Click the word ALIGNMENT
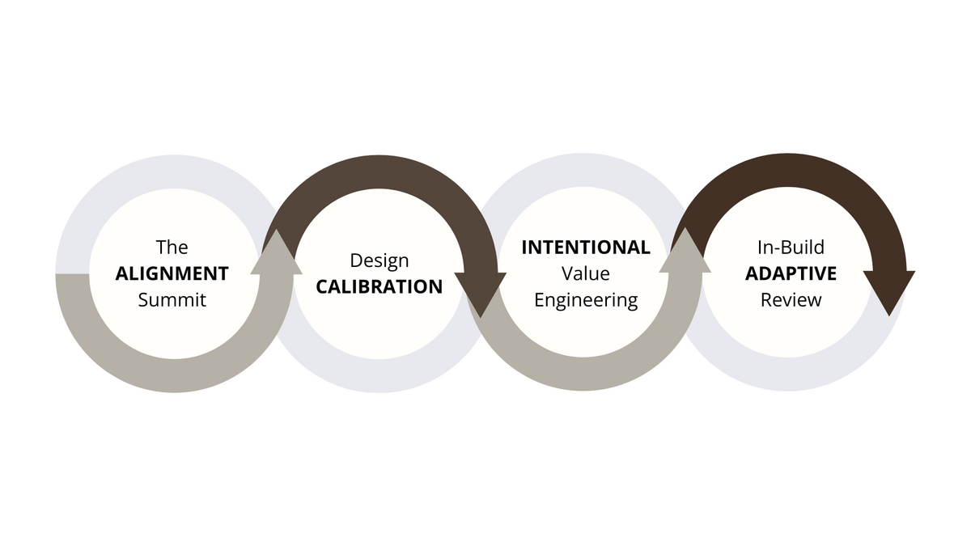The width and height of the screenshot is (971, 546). tap(172, 273)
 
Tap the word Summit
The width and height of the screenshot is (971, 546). tap(172, 300)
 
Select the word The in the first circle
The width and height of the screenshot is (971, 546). tap(172, 247)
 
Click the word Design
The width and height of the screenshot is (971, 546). tap(379, 260)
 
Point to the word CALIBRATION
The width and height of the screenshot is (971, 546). tap(379, 287)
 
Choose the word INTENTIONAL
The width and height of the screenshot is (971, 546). tap(585, 248)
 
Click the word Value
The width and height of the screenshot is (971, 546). tap(585, 273)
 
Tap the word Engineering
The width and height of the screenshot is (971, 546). tap(585, 300)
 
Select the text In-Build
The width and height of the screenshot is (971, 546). tap(791, 248)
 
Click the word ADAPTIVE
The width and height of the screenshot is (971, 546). tap(791, 273)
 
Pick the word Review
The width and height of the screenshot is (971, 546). tap(791, 300)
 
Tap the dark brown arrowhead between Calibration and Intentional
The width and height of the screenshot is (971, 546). tap(481, 293)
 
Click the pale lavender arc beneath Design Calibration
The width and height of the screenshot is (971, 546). tap(379, 375)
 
